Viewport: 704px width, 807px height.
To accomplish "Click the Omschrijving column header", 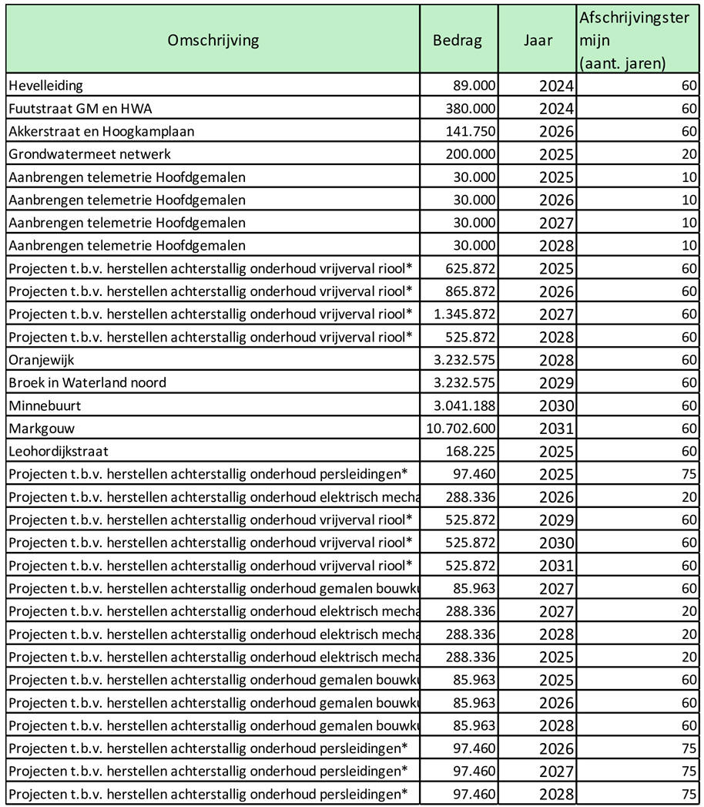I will tap(213, 40).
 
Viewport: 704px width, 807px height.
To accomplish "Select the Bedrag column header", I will tap(458, 40).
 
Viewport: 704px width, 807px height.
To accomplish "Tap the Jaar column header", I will tap(538, 40).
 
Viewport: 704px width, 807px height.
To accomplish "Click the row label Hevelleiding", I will tap(45, 86).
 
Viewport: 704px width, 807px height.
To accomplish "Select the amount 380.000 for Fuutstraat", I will tap(471, 109).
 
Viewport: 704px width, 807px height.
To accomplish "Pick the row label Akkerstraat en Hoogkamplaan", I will tap(102, 132).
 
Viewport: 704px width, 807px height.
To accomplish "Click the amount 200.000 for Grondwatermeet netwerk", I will tap(471, 154).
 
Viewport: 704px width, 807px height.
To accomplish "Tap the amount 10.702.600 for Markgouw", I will tap(461, 429).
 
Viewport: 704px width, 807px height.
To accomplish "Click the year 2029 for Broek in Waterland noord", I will tap(556, 383).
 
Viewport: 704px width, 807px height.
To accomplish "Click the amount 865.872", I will tap(471, 291).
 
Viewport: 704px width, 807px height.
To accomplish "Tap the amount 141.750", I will tap(471, 132).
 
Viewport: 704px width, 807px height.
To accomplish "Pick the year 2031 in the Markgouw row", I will tap(556, 429).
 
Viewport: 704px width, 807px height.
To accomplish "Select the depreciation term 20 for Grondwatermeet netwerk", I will tap(689, 154).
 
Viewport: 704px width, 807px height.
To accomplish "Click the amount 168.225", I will tap(471, 452).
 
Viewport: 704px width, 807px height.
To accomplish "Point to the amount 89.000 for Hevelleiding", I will tap(474, 86).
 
